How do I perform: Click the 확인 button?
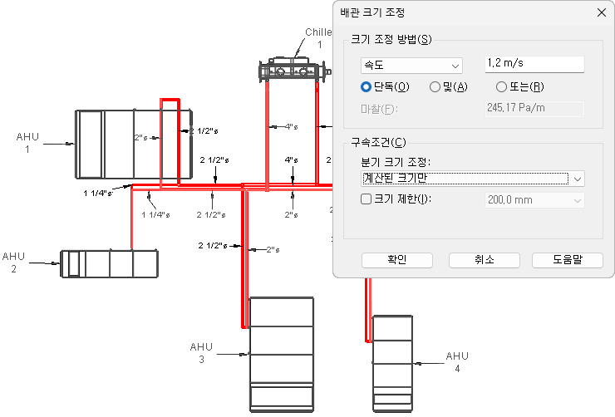tap(396, 260)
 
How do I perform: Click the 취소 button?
tap(484, 260)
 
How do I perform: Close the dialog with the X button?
tap(601, 12)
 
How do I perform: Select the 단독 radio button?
tap(366, 86)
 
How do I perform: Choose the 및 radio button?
tap(435, 86)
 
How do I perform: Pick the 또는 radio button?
tap(501, 86)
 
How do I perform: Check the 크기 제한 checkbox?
tap(367, 199)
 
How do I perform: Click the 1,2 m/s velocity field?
tap(534, 65)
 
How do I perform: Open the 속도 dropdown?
tap(411, 65)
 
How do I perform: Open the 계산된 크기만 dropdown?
tap(472, 178)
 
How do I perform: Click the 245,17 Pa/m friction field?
tap(534, 108)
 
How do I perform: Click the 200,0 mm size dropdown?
tap(534, 199)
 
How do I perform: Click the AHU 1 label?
tap(27, 143)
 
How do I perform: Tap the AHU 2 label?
tap(14, 262)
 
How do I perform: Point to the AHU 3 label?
tap(201, 353)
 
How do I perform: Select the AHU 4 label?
tap(457, 362)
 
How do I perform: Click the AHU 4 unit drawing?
tap(392, 363)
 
